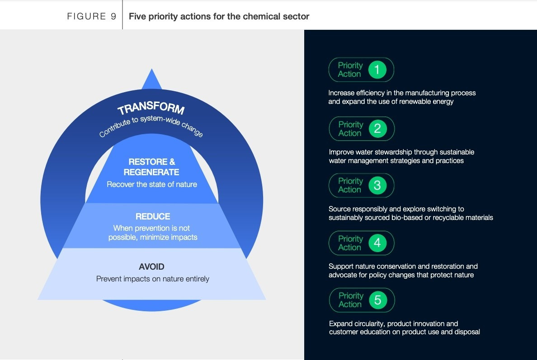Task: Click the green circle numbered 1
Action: click(x=377, y=70)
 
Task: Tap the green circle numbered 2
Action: click(x=377, y=129)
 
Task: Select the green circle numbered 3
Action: click(x=377, y=185)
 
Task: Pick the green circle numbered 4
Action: click(x=377, y=243)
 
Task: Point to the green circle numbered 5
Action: click(x=378, y=300)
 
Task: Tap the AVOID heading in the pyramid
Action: click(x=151, y=266)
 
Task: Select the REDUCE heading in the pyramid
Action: click(x=152, y=217)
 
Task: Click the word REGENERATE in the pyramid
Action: click(x=151, y=172)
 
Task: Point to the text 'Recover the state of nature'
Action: click(x=152, y=184)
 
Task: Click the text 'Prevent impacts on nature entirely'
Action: click(x=153, y=279)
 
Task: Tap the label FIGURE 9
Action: click(x=92, y=17)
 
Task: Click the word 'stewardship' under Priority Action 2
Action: click(x=380, y=152)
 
